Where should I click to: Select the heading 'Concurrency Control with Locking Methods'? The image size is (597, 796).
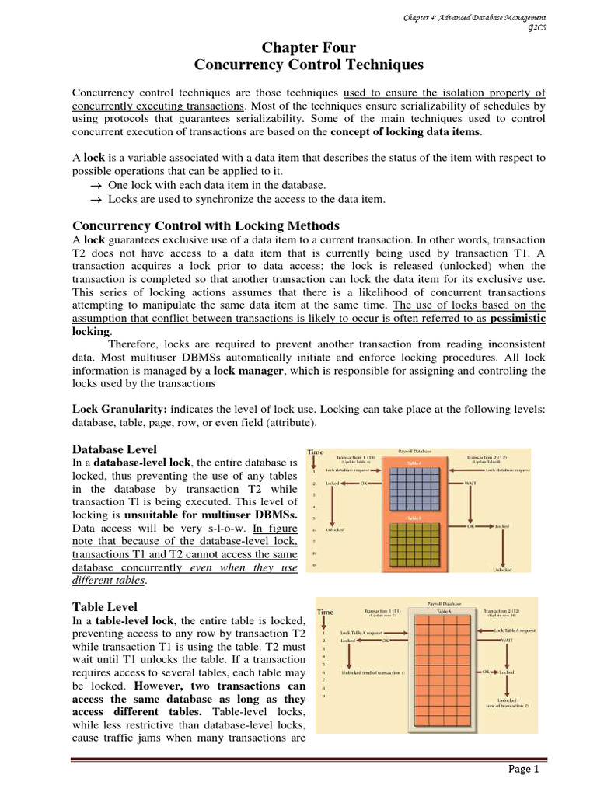[206, 225]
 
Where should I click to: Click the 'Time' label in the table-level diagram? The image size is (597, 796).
[328, 612]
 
